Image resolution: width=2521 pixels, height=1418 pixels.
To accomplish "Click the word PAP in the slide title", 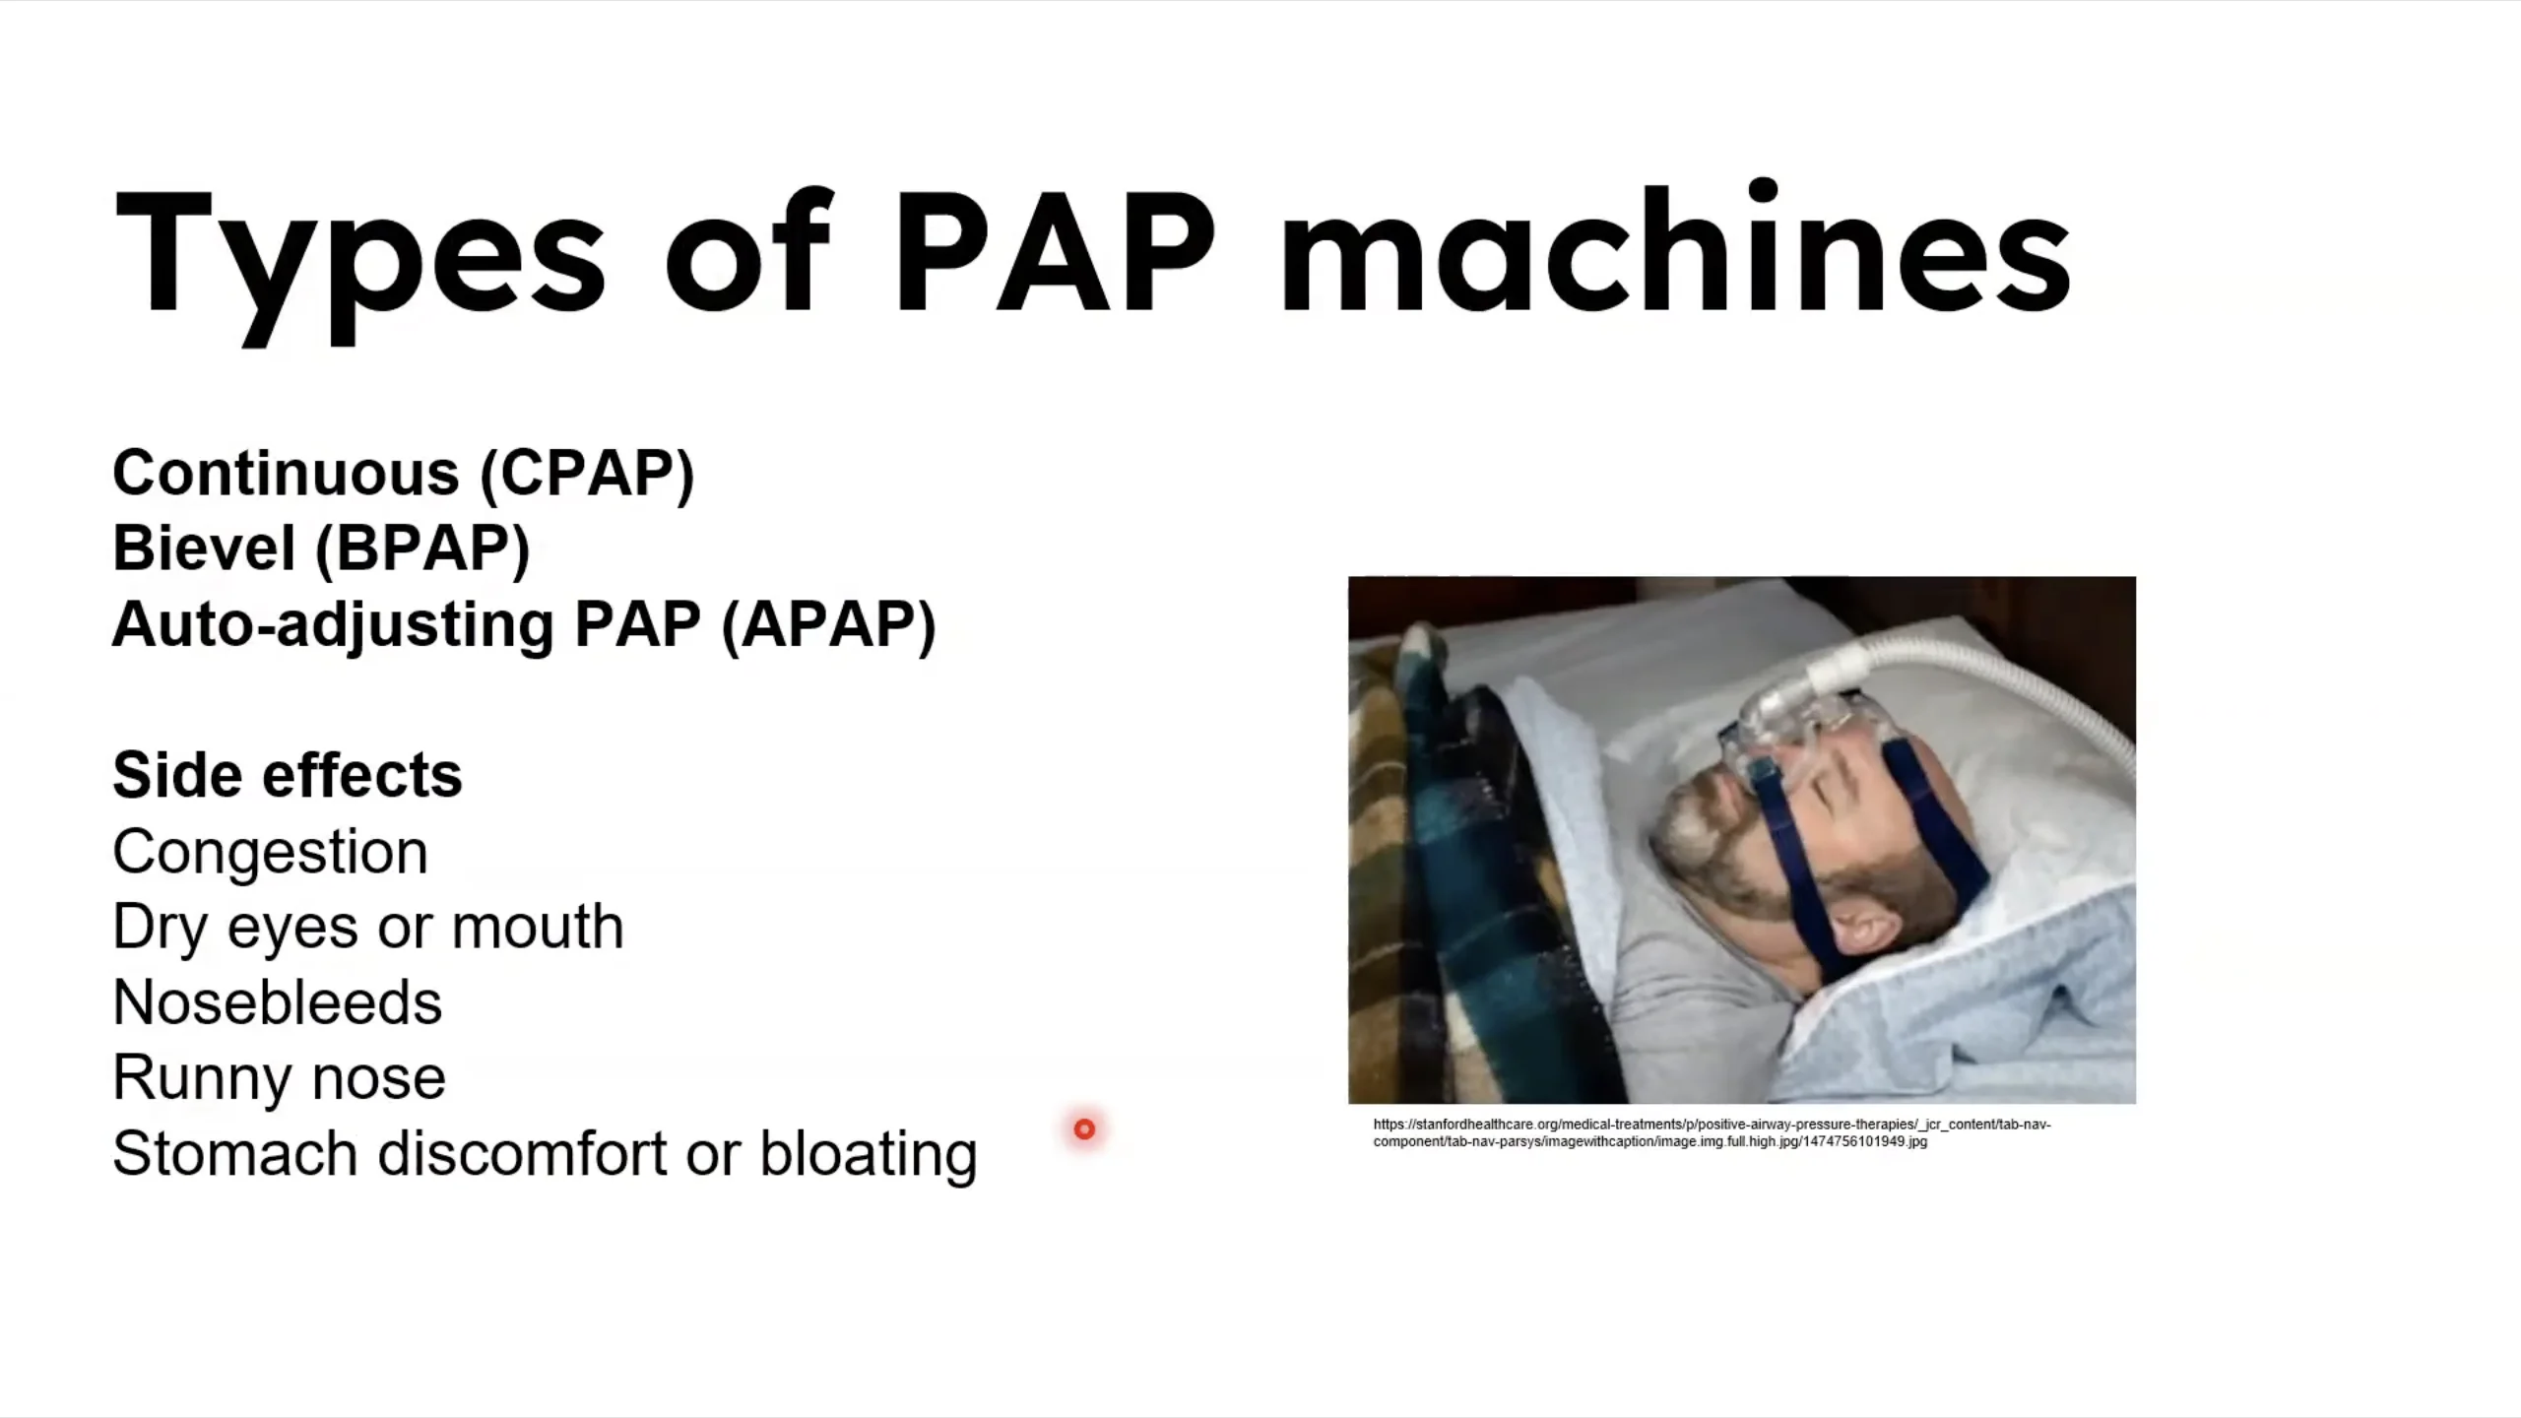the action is point(1055,253).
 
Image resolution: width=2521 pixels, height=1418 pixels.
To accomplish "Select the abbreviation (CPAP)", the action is point(587,474).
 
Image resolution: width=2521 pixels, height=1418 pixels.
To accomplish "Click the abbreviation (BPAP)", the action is point(421,548).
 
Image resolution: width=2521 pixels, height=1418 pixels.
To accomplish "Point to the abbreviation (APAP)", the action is point(828,624).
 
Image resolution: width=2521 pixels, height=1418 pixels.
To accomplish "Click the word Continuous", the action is point(286,473).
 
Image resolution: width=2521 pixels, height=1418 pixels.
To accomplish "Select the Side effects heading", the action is point(288,775).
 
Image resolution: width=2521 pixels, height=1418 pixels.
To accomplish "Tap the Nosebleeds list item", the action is point(278,1002).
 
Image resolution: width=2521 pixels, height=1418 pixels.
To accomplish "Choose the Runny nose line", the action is point(279,1077).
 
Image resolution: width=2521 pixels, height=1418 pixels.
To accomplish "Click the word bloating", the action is point(869,1154).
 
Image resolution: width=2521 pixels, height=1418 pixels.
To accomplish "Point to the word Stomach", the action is point(234,1153).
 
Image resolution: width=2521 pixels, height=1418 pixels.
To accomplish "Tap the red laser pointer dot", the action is point(1084,1128).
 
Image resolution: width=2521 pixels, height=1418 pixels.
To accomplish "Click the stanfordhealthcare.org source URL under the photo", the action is point(1712,1132).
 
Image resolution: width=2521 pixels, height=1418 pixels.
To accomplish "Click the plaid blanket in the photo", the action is point(1467,867).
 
